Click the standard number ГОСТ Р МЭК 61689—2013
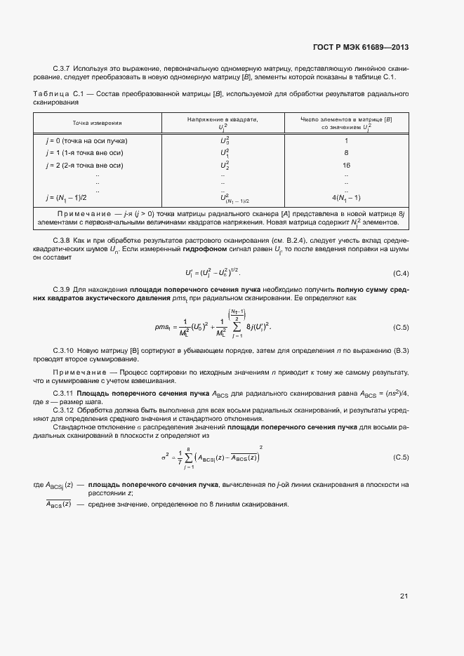(x=361, y=48)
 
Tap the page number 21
(x=404, y=596)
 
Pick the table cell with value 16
(x=346, y=165)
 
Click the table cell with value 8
(x=346, y=152)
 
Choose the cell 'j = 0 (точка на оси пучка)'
(x=86, y=140)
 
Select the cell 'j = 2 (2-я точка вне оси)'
(x=84, y=165)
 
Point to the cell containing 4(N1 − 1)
(x=346, y=197)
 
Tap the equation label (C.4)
(x=401, y=272)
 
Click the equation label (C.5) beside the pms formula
(x=401, y=327)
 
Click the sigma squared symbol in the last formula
(x=165, y=457)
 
